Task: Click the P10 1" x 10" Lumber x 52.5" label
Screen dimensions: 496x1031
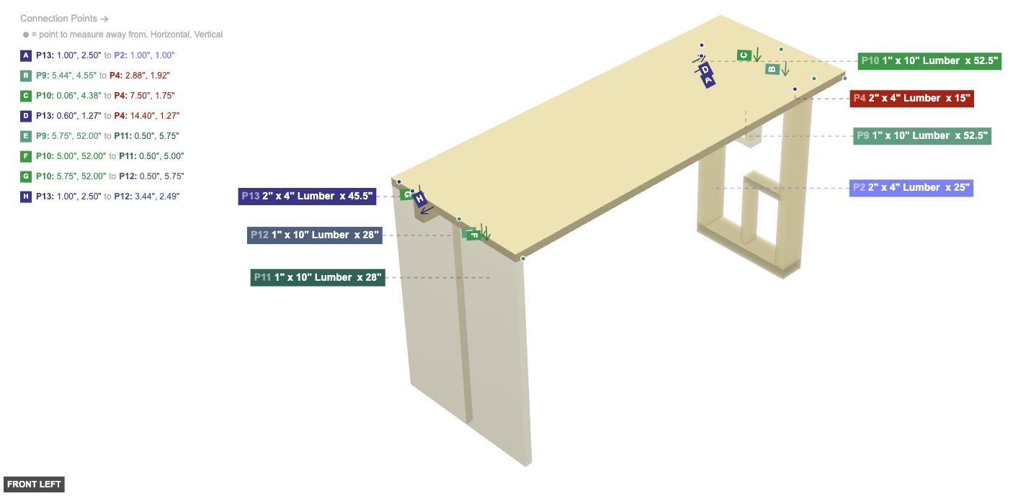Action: coord(929,61)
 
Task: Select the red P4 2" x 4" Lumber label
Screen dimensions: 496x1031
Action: coord(911,99)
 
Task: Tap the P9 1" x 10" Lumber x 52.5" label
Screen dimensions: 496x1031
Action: coord(922,136)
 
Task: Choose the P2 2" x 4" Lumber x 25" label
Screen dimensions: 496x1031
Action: coord(911,188)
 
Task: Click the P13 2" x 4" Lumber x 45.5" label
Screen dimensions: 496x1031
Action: coord(307,197)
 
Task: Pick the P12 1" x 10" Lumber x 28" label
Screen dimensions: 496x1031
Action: coord(314,235)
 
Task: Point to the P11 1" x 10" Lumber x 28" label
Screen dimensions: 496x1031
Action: coord(317,278)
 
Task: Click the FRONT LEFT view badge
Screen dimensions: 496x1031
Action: coord(34,484)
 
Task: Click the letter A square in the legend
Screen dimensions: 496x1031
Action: coord(26,55)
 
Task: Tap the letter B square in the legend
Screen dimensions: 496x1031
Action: coord(26,76)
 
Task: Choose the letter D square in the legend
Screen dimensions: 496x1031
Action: coord(26,116)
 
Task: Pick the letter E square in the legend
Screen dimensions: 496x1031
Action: coord(26,136)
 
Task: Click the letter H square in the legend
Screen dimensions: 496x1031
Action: coord(26,197)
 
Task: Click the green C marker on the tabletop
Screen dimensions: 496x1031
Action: coord(744,55)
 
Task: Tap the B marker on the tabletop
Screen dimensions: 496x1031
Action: coord(772,69)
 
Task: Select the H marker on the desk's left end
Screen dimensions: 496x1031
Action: coord(421,199)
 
